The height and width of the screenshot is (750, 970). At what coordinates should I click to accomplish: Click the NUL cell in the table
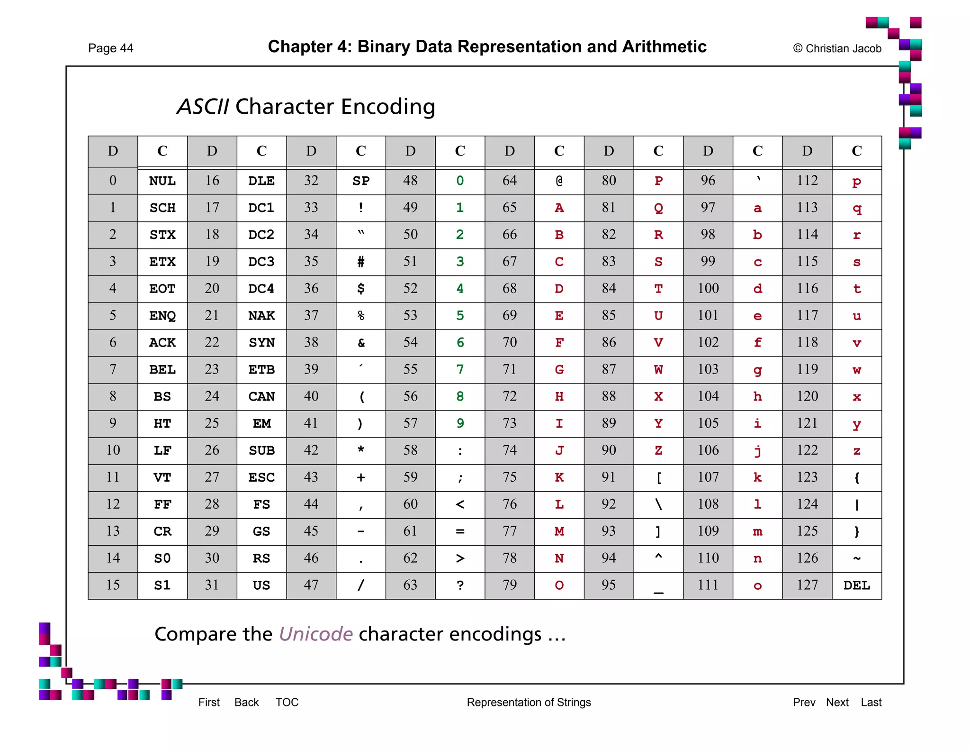point(162,181)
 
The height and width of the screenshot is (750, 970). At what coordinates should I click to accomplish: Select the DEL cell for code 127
point(856,585)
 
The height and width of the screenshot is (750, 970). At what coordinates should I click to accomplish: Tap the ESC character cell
point(261,477)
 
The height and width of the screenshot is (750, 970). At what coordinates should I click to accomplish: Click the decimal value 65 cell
point(509,208)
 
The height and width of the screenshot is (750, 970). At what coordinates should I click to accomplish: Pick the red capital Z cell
point(658,450)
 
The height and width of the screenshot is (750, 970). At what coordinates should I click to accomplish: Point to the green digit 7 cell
point(459,369)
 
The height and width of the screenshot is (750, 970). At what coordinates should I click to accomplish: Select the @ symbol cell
point(559,181)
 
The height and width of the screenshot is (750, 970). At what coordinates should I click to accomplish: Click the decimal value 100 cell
point(708,288)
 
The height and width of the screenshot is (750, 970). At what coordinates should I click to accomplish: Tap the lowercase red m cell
point(757,531)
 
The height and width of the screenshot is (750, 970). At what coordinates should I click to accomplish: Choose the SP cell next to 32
point(360,181)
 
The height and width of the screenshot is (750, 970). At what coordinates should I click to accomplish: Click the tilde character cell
point(856,558)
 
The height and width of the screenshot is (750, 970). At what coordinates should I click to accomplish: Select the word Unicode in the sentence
point(315,634)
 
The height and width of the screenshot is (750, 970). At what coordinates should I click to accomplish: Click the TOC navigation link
point(287,702)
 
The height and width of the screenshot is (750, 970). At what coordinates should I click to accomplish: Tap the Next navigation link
point(837,702)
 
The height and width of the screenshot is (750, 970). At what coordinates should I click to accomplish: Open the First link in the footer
point(209,702)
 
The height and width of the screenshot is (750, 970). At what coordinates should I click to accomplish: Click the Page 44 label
point(110,48)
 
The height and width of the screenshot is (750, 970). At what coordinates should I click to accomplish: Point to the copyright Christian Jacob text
point(837,48)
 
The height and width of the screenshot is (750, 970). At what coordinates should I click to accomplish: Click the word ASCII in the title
point(203,107)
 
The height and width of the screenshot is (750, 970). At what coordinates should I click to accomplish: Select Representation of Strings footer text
point(529,702)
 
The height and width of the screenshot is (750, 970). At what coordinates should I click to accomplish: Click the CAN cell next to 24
point(261,396)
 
